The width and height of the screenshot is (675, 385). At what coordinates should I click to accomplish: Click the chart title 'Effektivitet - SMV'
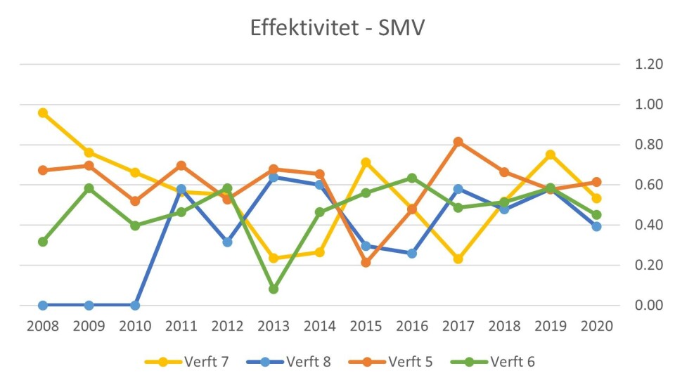point(337,28)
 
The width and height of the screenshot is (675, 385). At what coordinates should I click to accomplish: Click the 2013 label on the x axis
point(274,326)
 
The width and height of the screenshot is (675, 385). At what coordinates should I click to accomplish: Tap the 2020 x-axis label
point(596,326)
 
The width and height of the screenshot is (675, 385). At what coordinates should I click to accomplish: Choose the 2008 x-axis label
point(43,326)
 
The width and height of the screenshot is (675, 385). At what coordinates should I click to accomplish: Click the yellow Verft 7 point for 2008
point(43,112)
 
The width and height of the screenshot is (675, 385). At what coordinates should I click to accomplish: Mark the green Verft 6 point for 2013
point(274,289)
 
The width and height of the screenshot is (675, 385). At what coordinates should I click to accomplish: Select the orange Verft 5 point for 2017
point(458,142)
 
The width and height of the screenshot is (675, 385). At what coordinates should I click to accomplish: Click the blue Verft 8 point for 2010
point(135,306)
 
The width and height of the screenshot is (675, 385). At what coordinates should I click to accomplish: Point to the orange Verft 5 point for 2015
point(366,263)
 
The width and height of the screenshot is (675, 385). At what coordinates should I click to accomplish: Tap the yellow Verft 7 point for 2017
point(458,259)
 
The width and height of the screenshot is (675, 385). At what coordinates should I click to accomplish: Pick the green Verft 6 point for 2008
point(43,242)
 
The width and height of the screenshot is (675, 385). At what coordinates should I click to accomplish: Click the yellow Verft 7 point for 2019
point(551,155)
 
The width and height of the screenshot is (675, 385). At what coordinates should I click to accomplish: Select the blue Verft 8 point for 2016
point(412,253)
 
